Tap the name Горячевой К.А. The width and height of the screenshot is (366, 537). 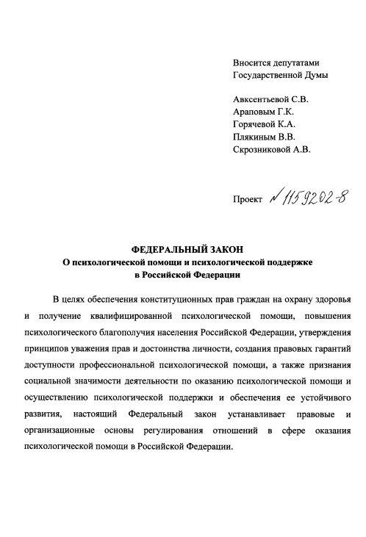click(264, 125)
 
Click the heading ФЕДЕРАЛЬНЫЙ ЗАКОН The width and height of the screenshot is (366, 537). click(182, 249)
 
